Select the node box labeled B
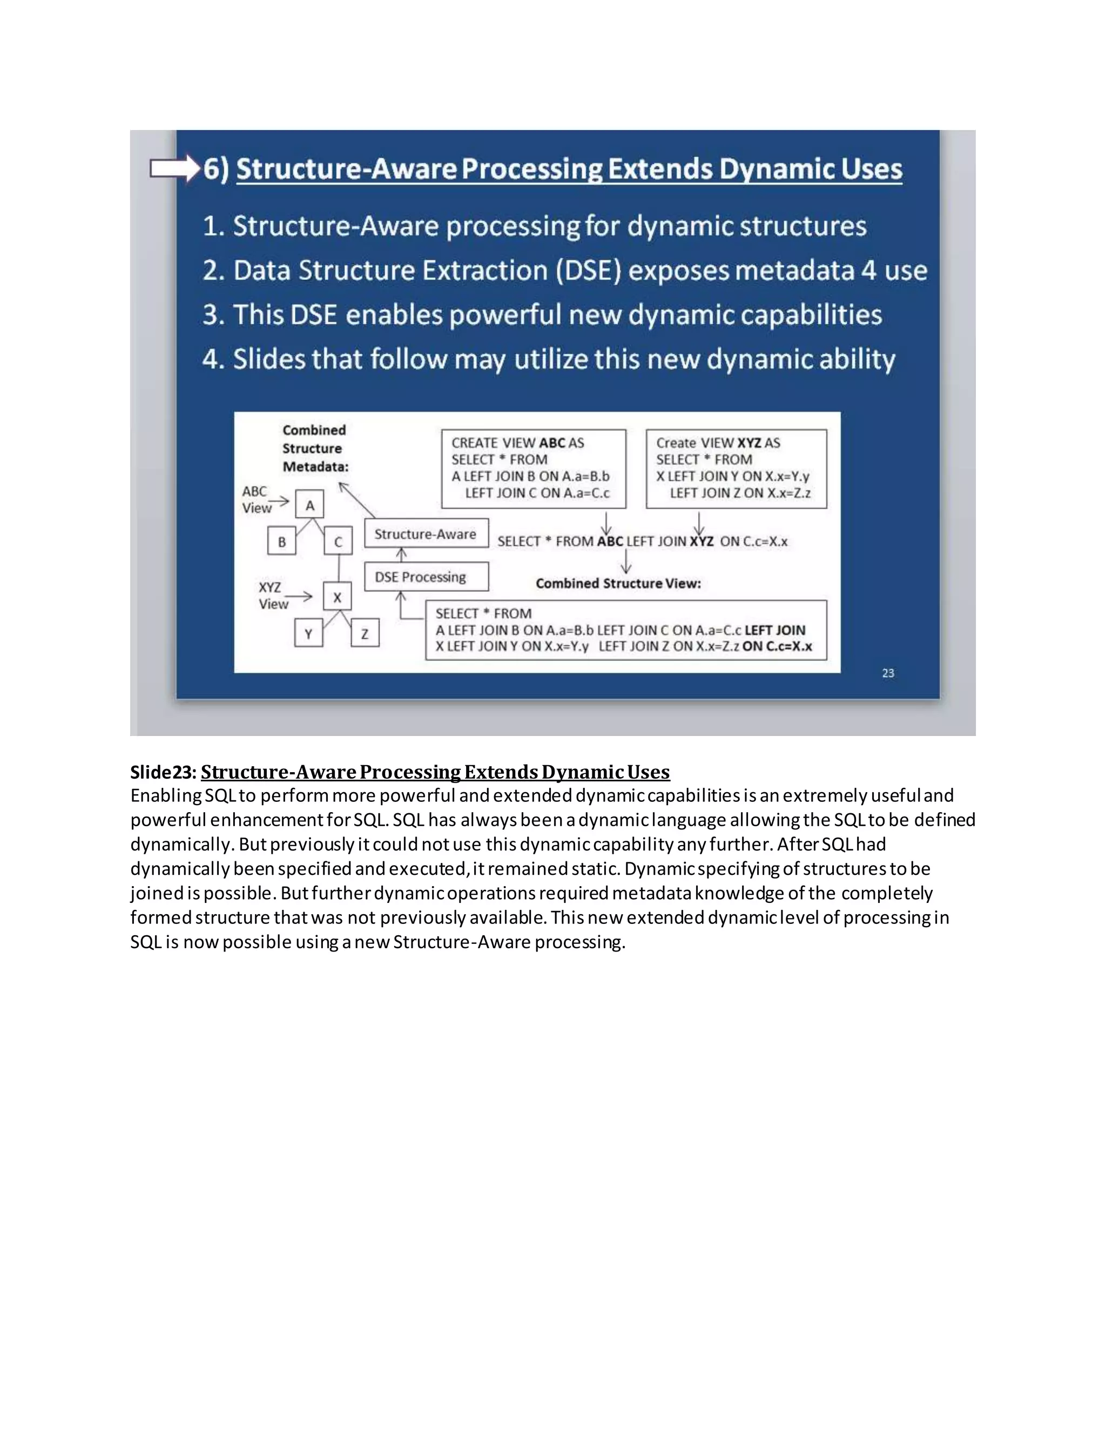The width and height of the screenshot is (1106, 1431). coord(282,542)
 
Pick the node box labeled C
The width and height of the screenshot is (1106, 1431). coord(338,542)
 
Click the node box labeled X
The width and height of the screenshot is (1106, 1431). coord(338,597)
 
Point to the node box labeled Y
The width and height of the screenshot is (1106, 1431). coord(308,633)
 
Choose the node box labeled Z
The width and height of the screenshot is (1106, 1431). coord(365,633)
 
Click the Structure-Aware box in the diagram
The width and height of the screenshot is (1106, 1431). coord(426,534)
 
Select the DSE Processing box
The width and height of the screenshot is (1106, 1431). coord(426,577)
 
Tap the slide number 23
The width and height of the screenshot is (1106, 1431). coord(888,673)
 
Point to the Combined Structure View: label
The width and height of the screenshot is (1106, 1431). coord(618,583)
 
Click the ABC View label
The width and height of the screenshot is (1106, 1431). coord(255,500)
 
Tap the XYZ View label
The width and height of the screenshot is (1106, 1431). coord(272,596)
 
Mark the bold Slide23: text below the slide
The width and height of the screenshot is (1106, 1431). coord(163,772)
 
